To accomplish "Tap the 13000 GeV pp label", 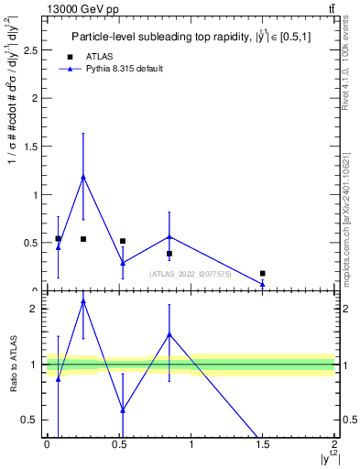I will pyautogui.click(x=82, y=9).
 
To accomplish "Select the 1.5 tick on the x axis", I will pyautogui.click(x=263, y=444).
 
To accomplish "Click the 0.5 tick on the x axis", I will pyautogui.click(x=118, y=444).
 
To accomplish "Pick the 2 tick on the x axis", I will pyautogui.click(x=335, y=444).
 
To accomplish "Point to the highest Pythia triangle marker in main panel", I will pyautogui.click(x=83, y=177).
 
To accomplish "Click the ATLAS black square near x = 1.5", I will pyautogui.click(x=263, y=273).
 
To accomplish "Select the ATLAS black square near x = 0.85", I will pyautogui.click(x=169, y=254).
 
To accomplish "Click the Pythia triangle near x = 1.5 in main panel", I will pyautogui.click(x=263, y=284).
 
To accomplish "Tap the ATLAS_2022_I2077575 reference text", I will pyautogui.click(x=191, y=273).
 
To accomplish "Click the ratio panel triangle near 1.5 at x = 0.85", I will pyautogui.click(x=169, y=334).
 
